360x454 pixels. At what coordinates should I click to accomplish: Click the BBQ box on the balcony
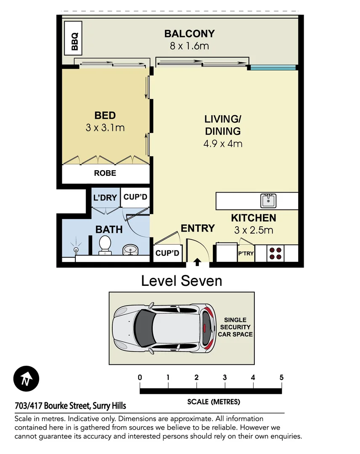click(x=74, y=38)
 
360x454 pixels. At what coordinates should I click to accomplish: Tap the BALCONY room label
click(x=189, y=34)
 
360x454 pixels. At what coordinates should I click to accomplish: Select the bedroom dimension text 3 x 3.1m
click(x=105, y=127)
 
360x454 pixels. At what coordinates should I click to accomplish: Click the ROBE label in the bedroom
click(x=105, y=173)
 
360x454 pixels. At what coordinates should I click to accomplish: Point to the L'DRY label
click(x=105, y=198)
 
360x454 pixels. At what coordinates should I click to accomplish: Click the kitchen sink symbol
click(x=268, y=201)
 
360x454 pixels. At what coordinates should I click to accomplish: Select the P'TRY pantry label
click(x=246, y=254)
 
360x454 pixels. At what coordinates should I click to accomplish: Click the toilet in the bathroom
click(x=105, y=245)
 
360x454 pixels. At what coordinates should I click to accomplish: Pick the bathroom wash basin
click(x=131, y=251)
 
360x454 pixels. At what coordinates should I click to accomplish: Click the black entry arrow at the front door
click(x=197, y=263)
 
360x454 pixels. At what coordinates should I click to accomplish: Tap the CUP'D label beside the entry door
click(x=167, y=253)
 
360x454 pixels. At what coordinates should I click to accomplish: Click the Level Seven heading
click(x=181, y=280)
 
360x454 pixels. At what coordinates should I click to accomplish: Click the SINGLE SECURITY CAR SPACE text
click(x=235, y=327)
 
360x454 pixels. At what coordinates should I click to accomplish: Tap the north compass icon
click(x=26, y=380)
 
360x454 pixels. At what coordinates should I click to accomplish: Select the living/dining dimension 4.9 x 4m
click(x=223, y=144)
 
